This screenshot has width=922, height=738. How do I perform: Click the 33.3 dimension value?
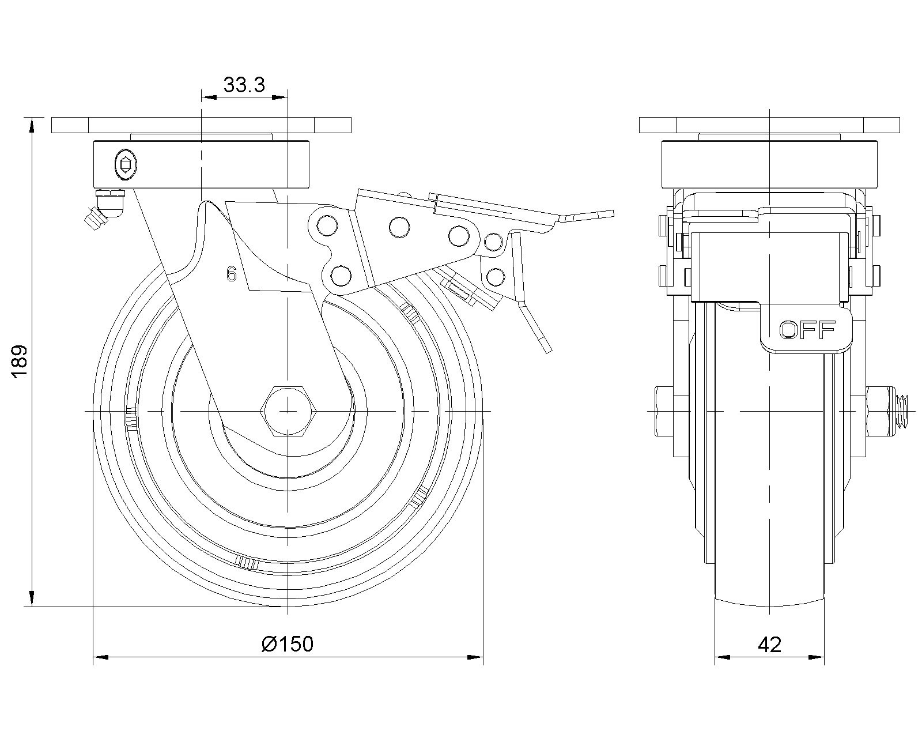(244, 85)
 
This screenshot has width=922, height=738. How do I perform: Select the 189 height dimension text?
(20, 362)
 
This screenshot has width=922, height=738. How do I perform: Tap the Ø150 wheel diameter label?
(287, 644)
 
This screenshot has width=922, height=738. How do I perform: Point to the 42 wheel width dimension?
(770, 644)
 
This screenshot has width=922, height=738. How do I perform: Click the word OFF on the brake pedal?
(807, 330)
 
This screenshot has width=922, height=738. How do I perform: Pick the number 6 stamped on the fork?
(232, 274)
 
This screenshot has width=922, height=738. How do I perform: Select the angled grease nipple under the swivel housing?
(101, 210)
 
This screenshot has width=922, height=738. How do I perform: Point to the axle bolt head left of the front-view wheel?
(663, 411)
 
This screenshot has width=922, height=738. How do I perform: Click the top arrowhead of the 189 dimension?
(32, 123)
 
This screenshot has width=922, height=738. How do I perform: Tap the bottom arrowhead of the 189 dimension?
(32, 600)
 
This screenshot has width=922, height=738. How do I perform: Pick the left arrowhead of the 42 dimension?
(721, 657)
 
